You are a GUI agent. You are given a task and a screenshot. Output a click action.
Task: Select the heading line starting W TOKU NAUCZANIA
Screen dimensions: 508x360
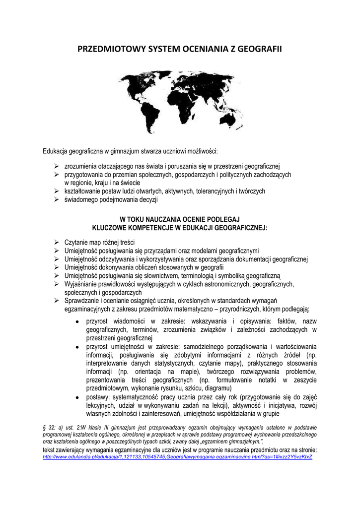180,219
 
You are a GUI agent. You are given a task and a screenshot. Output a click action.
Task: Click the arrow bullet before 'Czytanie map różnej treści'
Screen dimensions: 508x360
57,243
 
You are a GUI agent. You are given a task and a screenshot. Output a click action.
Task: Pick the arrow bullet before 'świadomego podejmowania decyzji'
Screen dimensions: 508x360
57,200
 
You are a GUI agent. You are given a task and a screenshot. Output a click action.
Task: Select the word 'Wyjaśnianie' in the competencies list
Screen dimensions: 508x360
81,284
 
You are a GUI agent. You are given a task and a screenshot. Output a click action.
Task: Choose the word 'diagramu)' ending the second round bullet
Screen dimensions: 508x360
218,388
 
